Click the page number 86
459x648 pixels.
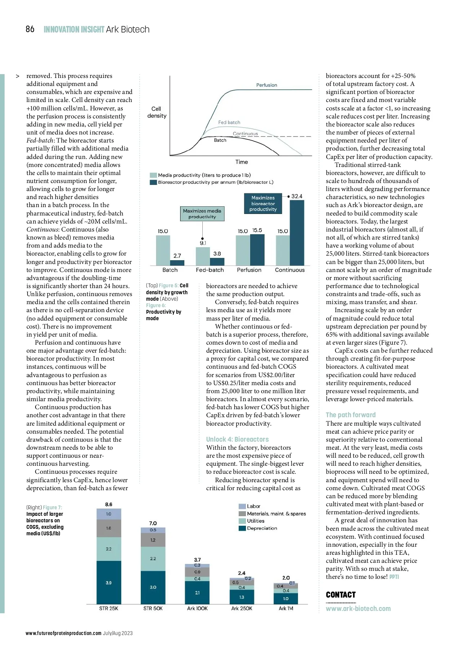pyautogui.click(x=30, y=29)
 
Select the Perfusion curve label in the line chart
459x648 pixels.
pyautogui.click(x=267, y=85)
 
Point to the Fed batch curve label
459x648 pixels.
pyautogui.click(x=229, y=122)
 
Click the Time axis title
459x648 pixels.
pyautogui.click(x=241, y=162)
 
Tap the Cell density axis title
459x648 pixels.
pyautogui.click(x=157, y=112)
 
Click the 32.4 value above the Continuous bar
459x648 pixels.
pyautogui.click(x=296, y=196)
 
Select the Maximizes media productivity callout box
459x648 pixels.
pyautogui.click(x=202, y=214)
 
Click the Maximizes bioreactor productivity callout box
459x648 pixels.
pyautogui.click(x=263, y=204)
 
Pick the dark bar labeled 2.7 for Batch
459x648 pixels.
pyautogui.click(x=177, y=262)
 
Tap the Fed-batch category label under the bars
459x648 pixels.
pyautogui.click(x=210, y=270)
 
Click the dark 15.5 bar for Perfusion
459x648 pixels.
pyautogui.click(x=257, y=249)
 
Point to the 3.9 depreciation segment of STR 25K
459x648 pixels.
pyautogui.click(x=109, y=582)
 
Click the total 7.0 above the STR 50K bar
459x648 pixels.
pyautogui.click(x=153, y=523)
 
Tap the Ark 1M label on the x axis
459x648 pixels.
pyautogui.click(x=286, y=608)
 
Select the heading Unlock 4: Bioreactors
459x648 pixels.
pyautogui.click(x=237, y=439)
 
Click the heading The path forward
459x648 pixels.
pyautogui.click(x=350, y=415)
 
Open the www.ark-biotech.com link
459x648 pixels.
pyautogui.click(x=358, y=609)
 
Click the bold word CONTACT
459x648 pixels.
pyautogui.click(x=340, y=595)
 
